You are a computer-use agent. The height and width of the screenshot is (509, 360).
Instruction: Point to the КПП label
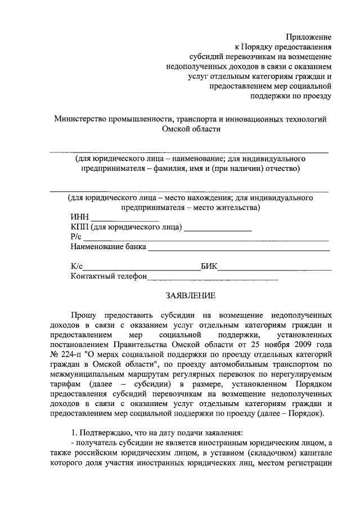coord(80,228)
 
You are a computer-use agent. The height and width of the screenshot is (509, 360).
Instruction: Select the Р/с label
coord(76,237)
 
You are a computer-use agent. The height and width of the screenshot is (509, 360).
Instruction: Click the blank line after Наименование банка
coord(238,249)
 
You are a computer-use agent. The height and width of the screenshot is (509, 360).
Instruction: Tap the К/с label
coord(77,267)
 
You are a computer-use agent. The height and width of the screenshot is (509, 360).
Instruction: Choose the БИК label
coord(209,267)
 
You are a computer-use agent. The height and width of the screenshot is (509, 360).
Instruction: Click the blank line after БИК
coord(274,269)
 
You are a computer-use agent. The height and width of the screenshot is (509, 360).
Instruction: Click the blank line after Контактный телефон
coord(213,278)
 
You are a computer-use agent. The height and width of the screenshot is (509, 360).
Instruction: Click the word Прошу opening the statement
coord(83,316)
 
